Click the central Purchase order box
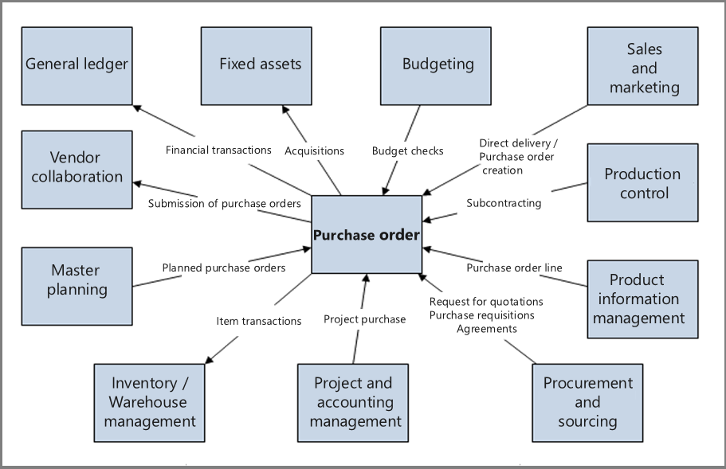click(366, 235)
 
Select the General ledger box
click(77, 65)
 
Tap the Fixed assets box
click(260, 65)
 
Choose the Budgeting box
click(438, 65)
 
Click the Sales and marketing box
click(643, 67)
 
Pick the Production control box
click(642, 182)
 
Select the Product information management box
click(642, 299)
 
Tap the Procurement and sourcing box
click(587, 402)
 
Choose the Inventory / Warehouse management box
click(149, 402)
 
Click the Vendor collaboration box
click(77, 169)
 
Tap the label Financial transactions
click(218, 150)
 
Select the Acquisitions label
click(314, 150)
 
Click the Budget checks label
click(407, 150)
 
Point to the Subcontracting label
click(504, 203)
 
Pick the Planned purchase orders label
click(223, 268)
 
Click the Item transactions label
click(258, 321)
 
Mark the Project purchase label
click(364, 319)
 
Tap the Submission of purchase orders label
click(224, 203)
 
